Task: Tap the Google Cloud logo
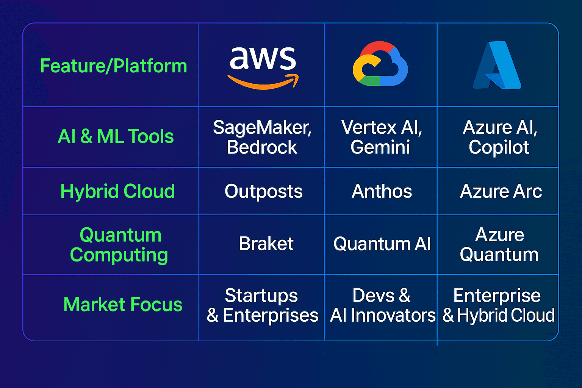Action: pyautogui.click(x=380, y=64)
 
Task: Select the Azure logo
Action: pyautogui.click(x=497, y=65)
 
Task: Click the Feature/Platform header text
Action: pyautogui.click(x=114, y=66)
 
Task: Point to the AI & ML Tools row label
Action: pyautogui.click(x=116, y=136)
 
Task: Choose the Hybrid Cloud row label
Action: pyautogui.click(x=117, y=191)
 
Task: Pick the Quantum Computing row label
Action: pyautogui.click(x=119, y=245)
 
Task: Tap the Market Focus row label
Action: pyautogui.click(x=123, y=304)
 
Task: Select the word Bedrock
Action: pyautogui.click(x=262, y=147)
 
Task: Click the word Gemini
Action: pyautogui.click(x=380, y=147)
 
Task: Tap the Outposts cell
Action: pyautogui.click(x=263, y=191)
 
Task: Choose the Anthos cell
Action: pyautogui.click(x=382, y=191)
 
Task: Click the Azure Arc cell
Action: pyautogui.click(x=501, y=191)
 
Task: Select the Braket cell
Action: pyautogui.click(x=266, y=244)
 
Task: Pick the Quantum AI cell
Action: pyautogui.click(x=382, y=244)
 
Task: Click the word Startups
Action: pyautogui.click(x=261, y=296)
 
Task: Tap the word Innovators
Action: pyautogui.click(x=393, y=315)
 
